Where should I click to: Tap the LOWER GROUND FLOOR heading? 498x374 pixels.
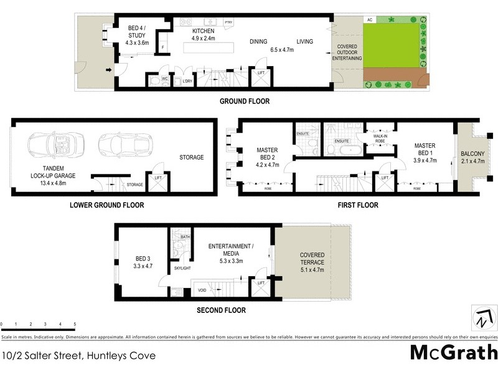(106, 205)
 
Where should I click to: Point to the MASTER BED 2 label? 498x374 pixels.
(268, 158)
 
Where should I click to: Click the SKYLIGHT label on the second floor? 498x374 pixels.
(182, 268)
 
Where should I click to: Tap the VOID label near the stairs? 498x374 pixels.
(202, 290)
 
